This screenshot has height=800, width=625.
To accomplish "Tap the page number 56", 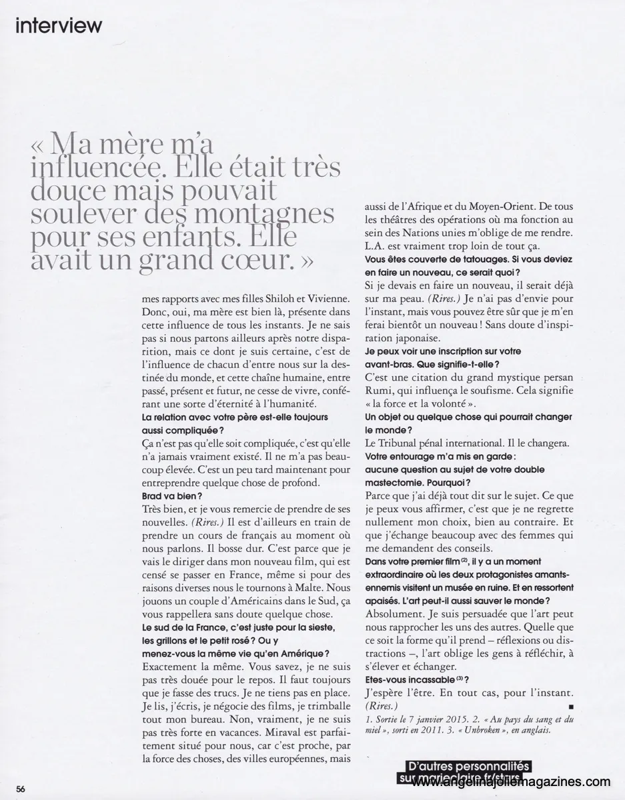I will coord(21,788).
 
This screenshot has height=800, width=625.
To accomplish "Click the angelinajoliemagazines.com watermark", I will coord(512,781).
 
